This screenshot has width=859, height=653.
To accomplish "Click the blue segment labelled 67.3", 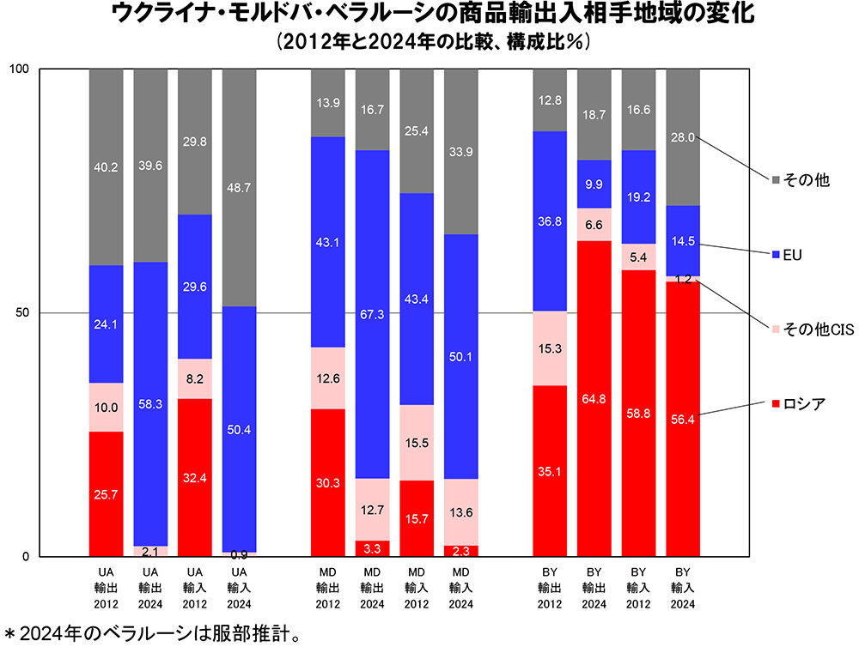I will coord(372,314).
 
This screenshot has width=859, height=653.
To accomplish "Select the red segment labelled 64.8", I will coord(594,398).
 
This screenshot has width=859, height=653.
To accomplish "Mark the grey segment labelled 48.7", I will coord(239,187).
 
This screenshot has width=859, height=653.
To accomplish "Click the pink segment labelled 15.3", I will coord(549,348).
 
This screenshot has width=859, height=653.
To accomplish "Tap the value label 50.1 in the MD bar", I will coord(461,356).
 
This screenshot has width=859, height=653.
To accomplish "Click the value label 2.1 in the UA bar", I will coord(150,551).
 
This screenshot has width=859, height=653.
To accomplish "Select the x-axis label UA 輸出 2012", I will coord(106,587).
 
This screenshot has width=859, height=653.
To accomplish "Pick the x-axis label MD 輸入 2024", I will coord(461,587).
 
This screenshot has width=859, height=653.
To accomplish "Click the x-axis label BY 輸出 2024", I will coord(594,587).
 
